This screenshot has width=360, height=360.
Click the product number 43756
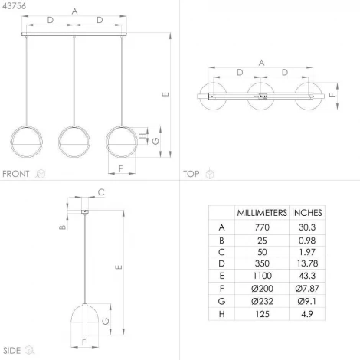click(x=15, y=6)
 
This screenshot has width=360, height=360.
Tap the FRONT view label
click(x=16, y=174)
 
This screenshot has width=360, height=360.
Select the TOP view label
click(x=191, y=174)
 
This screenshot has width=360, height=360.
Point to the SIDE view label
click(x=11, y=350)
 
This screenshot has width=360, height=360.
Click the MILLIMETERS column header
click(x=262, y=213)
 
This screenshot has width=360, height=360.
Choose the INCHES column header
click(x=307, y=213)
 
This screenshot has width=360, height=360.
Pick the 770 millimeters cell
click(x=262, y=227)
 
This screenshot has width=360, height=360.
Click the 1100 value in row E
click(x=262, y=276)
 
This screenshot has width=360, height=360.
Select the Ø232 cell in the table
click(x=262, y=301)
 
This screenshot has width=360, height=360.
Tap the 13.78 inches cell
click(x=307, y=263)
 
